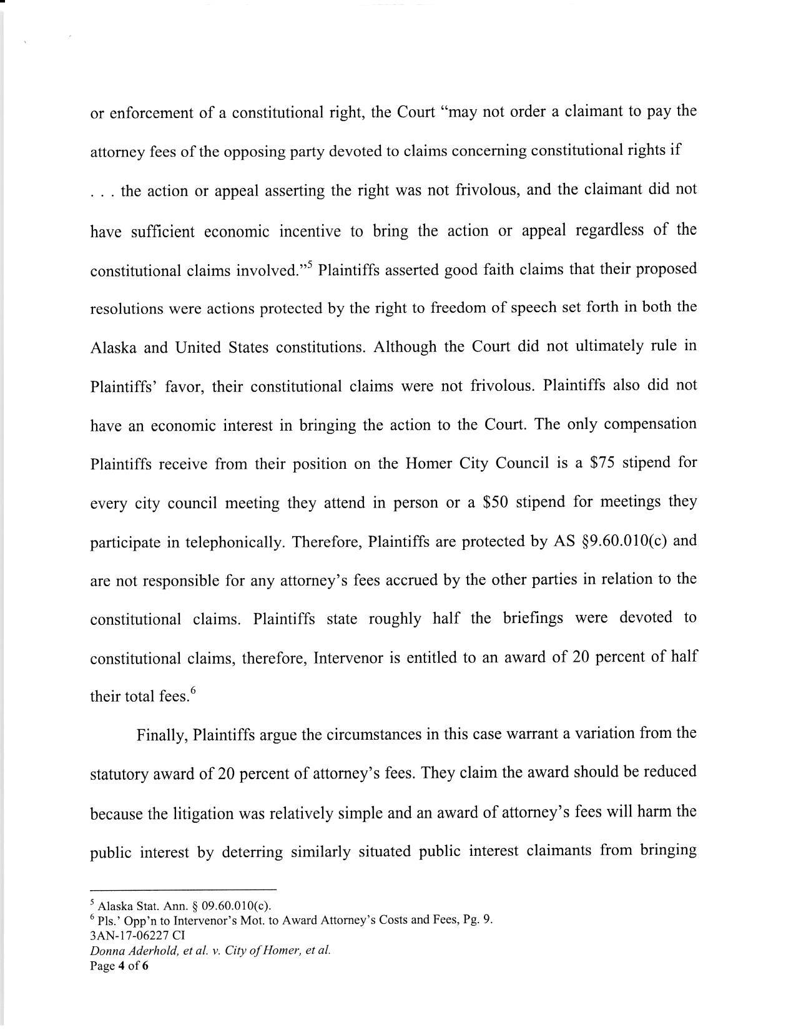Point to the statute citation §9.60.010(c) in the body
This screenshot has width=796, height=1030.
point(624,541)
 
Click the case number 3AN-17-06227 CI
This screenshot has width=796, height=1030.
point(137,935)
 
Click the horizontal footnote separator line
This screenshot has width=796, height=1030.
point(183,888)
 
